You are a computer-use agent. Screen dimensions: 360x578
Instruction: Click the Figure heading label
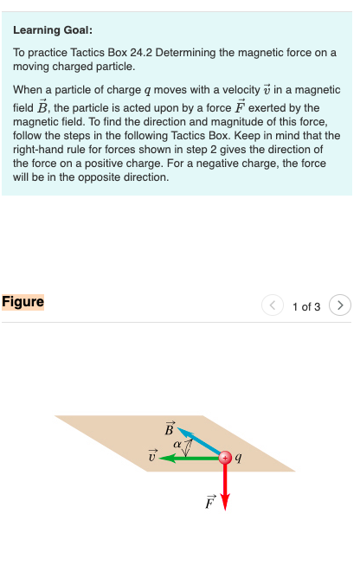point(23,302)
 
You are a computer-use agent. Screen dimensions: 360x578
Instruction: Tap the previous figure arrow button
point(273,305)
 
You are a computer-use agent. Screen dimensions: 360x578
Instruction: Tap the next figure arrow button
point(342,305)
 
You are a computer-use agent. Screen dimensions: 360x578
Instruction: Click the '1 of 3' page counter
point(306,306)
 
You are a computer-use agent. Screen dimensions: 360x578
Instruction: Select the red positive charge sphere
point(224,458)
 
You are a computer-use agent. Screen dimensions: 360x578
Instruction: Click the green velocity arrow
point(190,458)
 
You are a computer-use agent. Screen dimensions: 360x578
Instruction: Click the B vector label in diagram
point(170,427)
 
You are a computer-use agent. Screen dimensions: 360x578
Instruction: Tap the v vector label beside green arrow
point(152,456)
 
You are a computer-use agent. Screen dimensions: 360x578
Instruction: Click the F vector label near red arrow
point(209,501)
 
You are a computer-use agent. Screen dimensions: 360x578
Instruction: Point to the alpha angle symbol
point(177,444)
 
